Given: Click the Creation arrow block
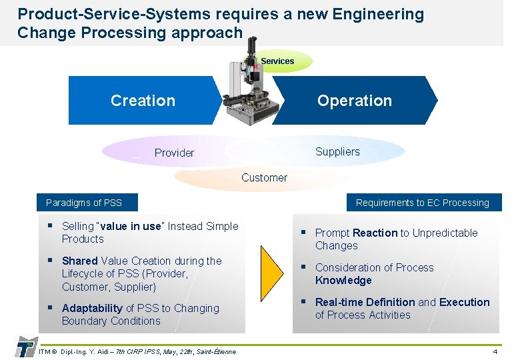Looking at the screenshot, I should coord(143,101).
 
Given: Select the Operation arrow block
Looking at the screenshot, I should coord(354,101).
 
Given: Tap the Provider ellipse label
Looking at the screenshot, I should coord(174,153).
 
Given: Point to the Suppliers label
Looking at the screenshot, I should coord(337,151).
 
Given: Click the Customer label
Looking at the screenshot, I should coord(264,178).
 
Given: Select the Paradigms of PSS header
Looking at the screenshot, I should coord(84,203).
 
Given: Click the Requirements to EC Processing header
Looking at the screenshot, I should coord(422,203).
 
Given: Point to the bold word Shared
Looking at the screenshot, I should coord(79,261).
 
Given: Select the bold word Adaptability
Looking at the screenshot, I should coord(92,308).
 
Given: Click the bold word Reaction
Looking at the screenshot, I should coord(375,233).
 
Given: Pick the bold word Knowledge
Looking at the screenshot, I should coord(343,281).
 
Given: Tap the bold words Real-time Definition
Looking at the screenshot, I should coord(365,302).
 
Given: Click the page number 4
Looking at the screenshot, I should coord(495,351).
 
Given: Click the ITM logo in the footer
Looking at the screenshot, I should coord(25,347).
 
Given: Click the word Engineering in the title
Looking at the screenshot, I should coord(379,14).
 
